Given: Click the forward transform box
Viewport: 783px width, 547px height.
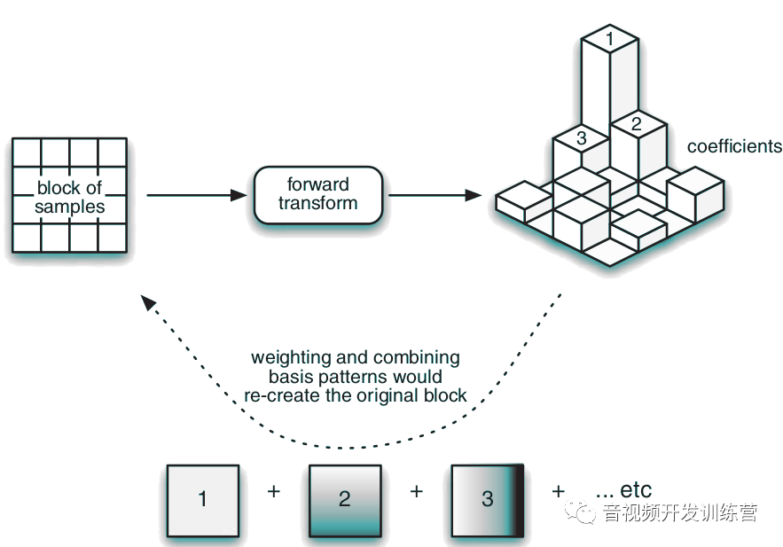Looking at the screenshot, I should (x=318, y=194).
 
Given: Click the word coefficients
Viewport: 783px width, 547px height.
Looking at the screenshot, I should (x=734, y=146).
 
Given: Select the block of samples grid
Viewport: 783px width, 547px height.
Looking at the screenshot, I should (x=69, y=195).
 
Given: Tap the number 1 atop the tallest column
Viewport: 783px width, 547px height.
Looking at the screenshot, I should (x=609, y=38).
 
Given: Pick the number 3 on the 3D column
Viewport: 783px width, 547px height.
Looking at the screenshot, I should (x=581, y=138).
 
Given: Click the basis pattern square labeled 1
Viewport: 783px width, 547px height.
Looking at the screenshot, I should (x=203, y=499).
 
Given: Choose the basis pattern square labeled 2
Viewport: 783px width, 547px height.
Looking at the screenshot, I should (x=345, y=499).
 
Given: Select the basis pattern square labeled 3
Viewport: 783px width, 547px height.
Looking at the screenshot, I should (x=488, y=499).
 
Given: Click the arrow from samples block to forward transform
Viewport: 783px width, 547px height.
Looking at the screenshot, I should (x=195, y=194).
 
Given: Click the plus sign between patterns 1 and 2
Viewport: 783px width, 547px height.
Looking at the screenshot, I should (x=273, y=490).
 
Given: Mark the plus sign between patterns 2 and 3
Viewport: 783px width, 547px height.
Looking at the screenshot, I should (x=417, y=490).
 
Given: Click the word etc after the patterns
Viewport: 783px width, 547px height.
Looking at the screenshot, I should (x=636, y=489).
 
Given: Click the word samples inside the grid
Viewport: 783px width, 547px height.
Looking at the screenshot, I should (x=69, y=207).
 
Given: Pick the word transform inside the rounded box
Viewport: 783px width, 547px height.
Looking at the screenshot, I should (x=318, y=203).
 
